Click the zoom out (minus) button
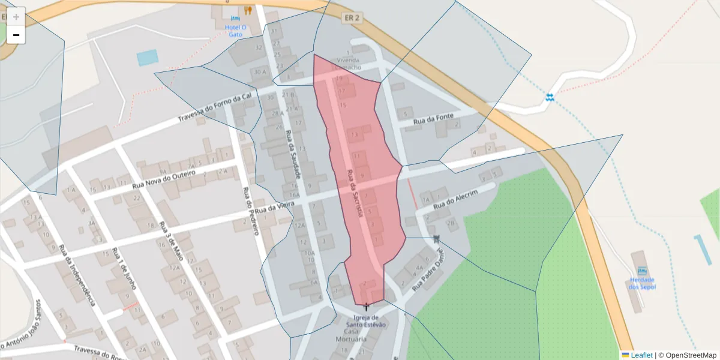[x=16, y=35]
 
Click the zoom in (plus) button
[x=16, y=16]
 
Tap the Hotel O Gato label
[x=235, y=31]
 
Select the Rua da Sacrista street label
[x=355, y=196]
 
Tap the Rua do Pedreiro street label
[x=251, y=210]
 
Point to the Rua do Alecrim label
[x=455, y=200]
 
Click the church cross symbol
[x=366, y=307]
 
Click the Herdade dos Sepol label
[x=642, y=283]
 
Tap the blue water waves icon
[x=550, y=97]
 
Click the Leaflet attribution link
[x=641, y=355]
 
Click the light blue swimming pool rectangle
[x=148, y=58]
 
